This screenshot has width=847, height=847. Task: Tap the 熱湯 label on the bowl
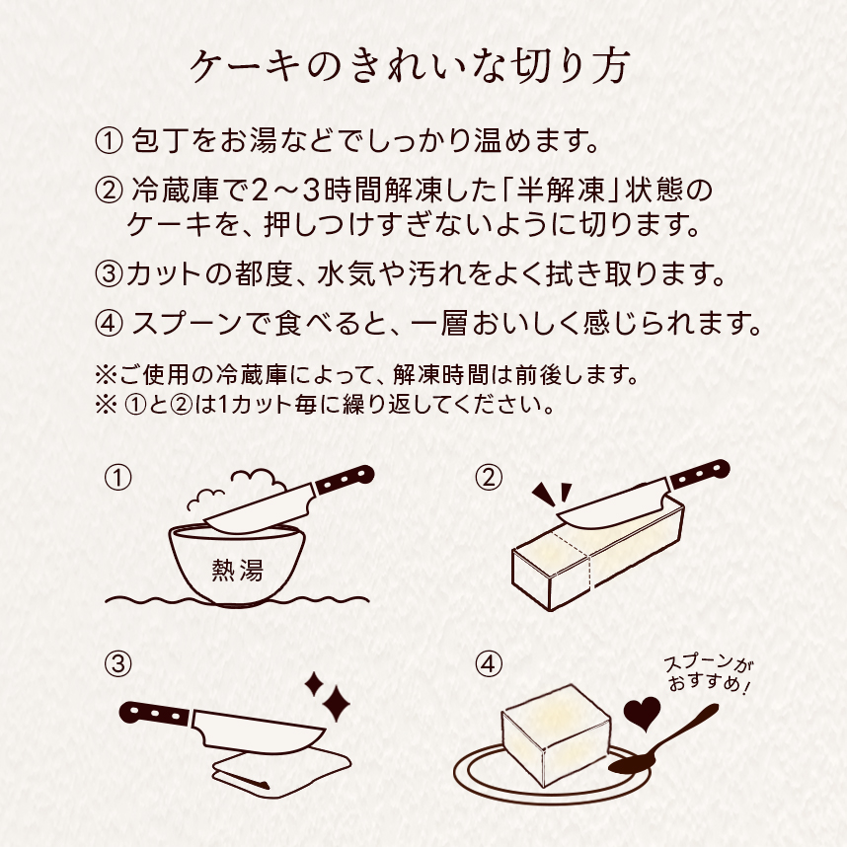pos(237,569)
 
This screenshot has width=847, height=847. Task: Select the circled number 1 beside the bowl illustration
pos(117,478)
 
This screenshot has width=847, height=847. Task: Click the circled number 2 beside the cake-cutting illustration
pos(488,478)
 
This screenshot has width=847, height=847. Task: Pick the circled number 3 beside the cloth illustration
pos(117,663)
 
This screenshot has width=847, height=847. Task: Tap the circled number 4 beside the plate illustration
pos(488,663)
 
